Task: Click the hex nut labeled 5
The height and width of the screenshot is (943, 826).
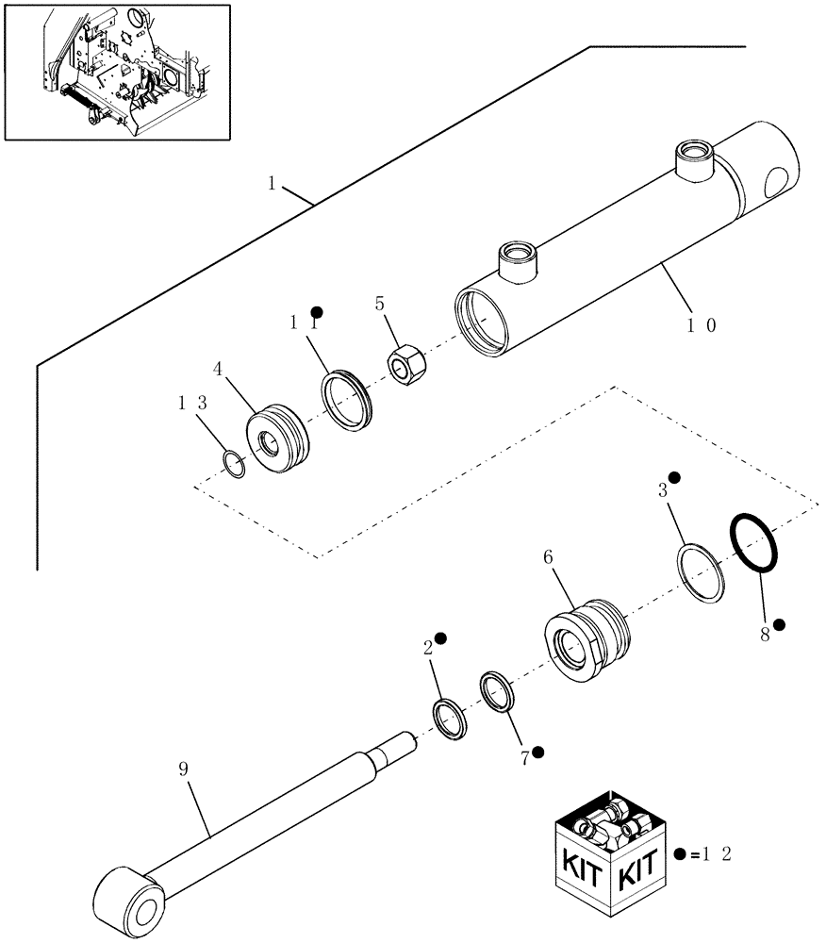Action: pyautogui.click(x=405, y=363)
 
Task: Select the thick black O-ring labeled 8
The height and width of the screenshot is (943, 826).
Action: pyautogui.click(x=755, y=542)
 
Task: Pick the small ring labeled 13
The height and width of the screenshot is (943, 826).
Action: pyautogui.click(x=234, y=464)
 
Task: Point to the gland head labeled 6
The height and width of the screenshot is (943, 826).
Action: pyautogui.click(x=585, y=640)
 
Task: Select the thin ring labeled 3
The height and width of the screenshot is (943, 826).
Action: pyautogui.click(x=700, y=572)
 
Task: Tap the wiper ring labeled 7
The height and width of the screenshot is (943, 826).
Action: pyautogui.click(x=496, y=696)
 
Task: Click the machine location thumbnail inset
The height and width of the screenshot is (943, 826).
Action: pyautogui.click(x=118, y=72)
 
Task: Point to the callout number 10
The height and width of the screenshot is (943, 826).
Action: pyautogui.click(x=701, y=325)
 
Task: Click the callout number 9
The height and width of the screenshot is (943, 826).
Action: pyautogui.click(x=183, y=769)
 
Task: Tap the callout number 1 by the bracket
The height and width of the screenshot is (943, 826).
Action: pyautogui.click(x=272, y=184)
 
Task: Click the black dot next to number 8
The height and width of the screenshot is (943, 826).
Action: pyautogui.click(x=779, y=623)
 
